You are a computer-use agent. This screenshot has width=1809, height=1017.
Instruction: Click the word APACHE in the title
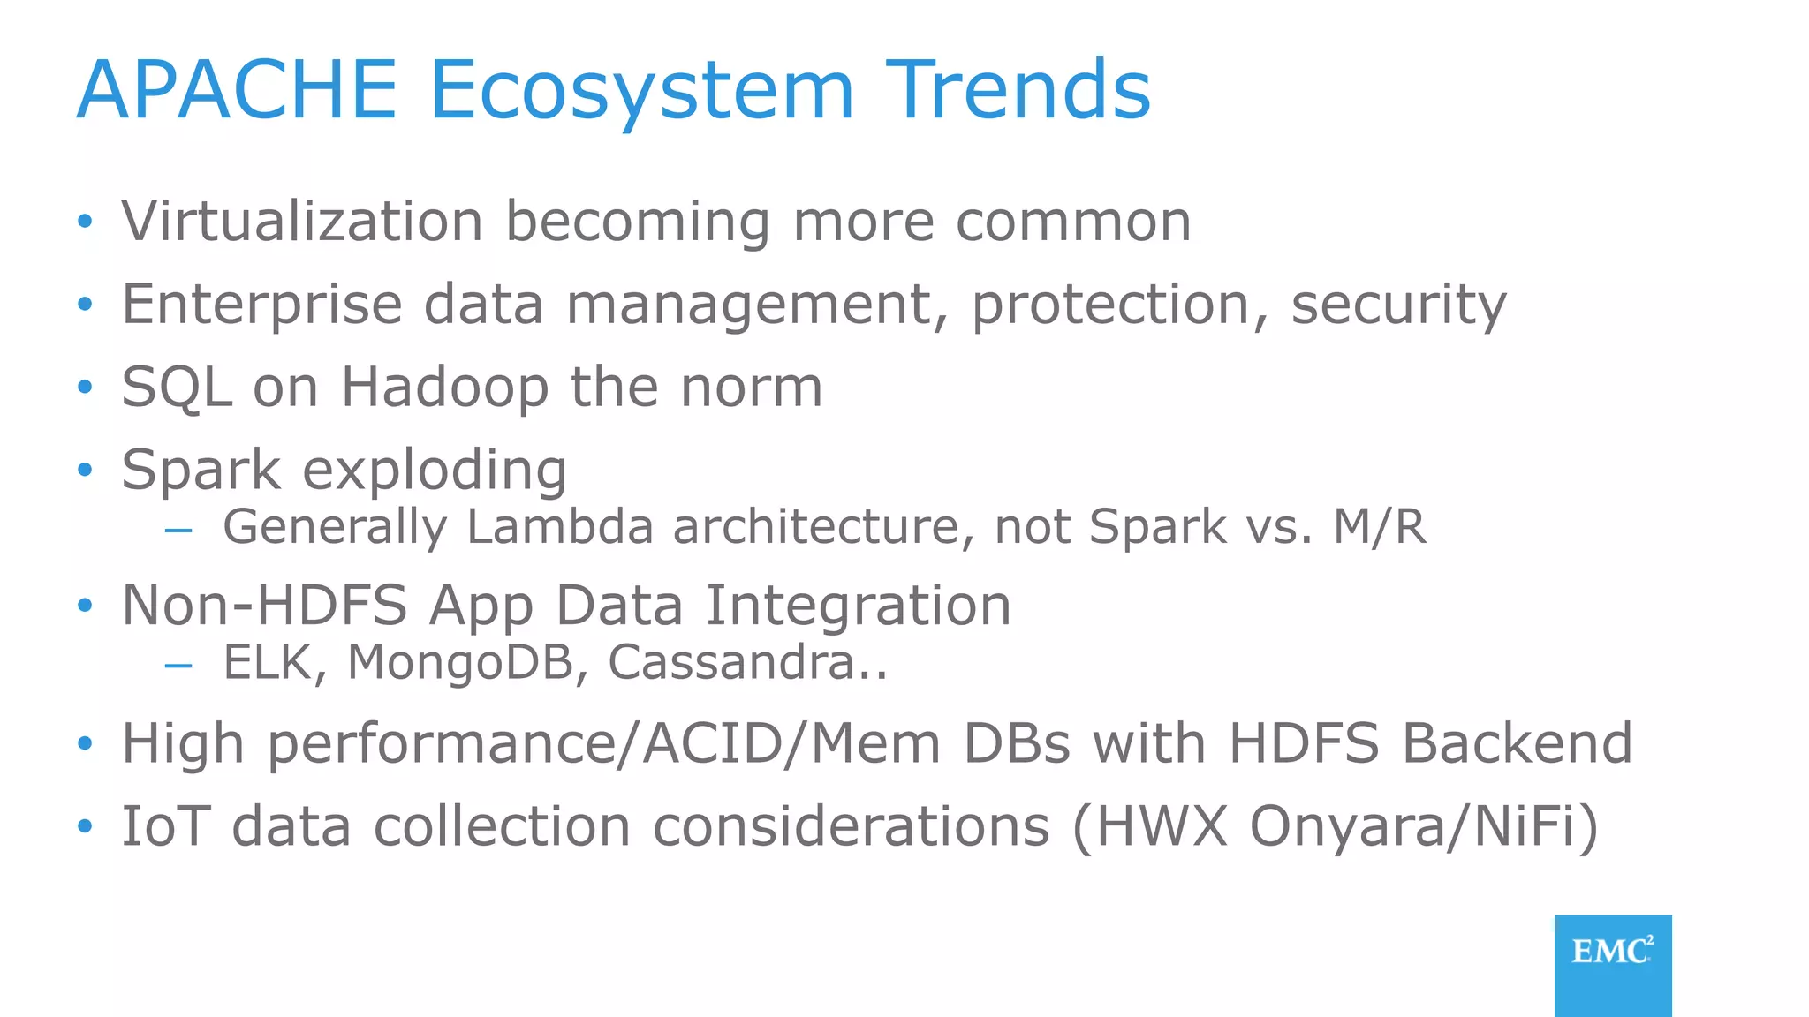(x=237, y=90)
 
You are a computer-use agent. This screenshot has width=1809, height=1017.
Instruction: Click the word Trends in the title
(x=1018, y=90)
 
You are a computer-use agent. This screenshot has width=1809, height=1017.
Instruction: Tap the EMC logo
(x=1612, y=962)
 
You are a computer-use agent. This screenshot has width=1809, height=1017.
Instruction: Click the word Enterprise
(x=261, y=305)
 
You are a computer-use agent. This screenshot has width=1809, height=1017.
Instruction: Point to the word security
(x=1398, y=305)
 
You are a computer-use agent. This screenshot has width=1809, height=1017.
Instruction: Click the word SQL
(x=177, y=388)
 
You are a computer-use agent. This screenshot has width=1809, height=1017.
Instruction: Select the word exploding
(x=435, y=471)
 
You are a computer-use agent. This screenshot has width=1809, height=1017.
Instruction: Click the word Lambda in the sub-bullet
(x=560, y=527)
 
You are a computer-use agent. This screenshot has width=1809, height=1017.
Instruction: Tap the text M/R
(x=1379, y=527)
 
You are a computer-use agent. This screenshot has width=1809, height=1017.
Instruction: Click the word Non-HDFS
(x=264, y=606)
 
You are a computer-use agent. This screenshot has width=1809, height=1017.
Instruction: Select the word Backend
(x=1517, y=743)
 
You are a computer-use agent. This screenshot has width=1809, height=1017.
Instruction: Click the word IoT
(x=165, y=826)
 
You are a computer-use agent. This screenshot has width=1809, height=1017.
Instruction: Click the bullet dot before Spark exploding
(x=85, y=470)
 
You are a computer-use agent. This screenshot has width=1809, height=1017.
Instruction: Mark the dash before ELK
(x=178, y=665)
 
